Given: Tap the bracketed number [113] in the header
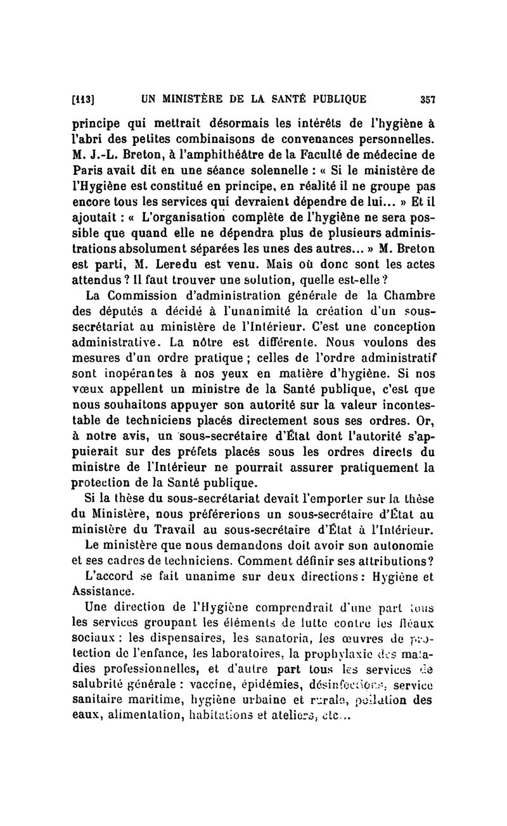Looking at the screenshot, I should [x=84, y=99].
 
